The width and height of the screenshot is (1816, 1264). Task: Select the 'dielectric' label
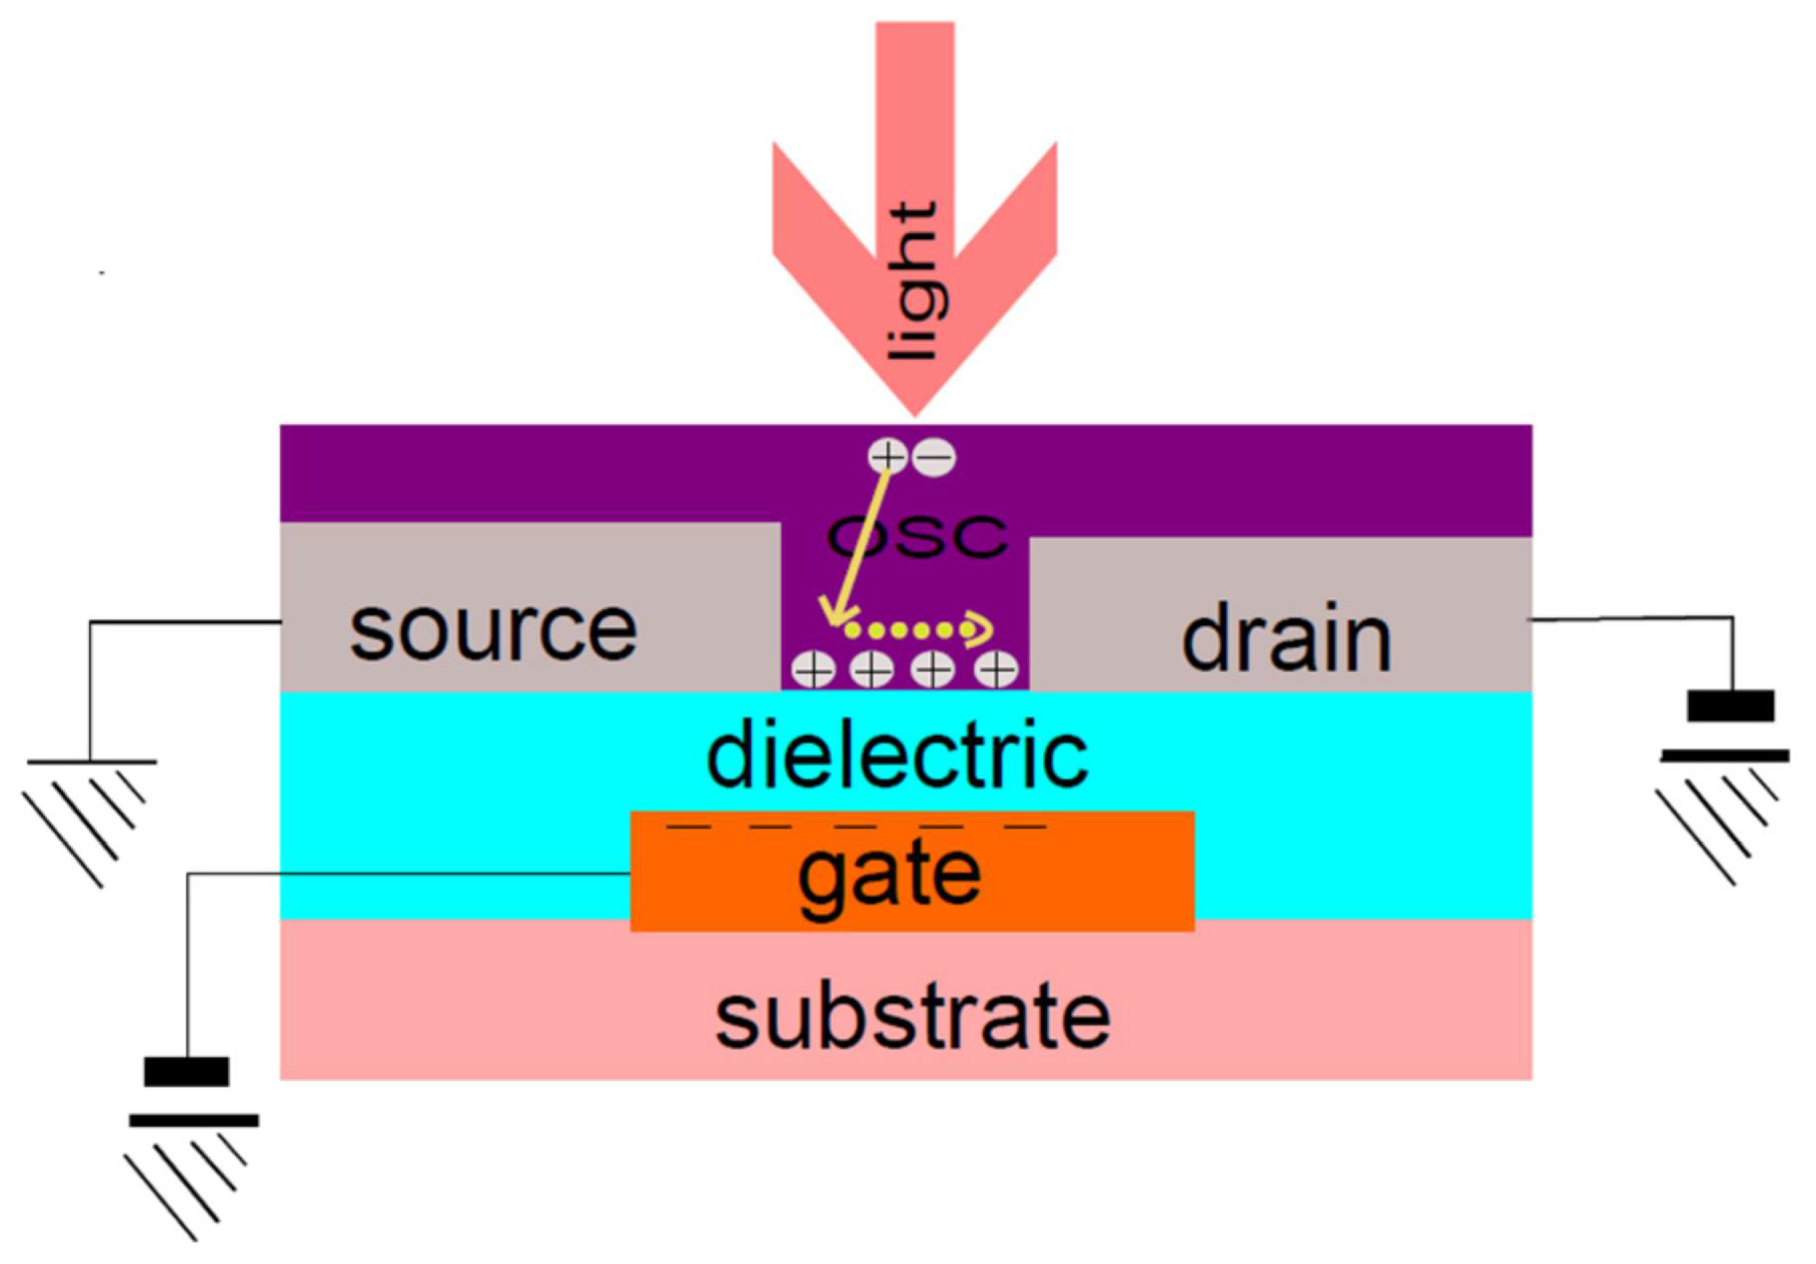[x=897, y=755]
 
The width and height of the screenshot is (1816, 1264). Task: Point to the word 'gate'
[x=889, y=877]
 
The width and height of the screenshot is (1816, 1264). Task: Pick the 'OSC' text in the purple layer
[x=918, y=537]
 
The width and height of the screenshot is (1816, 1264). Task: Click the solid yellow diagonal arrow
[x=858, y=546]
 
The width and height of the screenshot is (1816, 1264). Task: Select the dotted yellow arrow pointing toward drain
[x=918, y=629]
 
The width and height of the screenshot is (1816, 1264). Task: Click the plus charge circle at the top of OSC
[x=887, y=456]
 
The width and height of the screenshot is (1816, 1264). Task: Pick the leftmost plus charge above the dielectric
[x=813, y=670]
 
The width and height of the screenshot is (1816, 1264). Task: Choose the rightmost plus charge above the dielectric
[x=996, y=670]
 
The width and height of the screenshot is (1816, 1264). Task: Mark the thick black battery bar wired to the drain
[x=1730, y=706]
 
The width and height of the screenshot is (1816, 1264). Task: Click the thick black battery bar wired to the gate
[x=187, y=1071]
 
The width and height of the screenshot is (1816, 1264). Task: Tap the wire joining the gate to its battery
[x=395, y=874]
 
